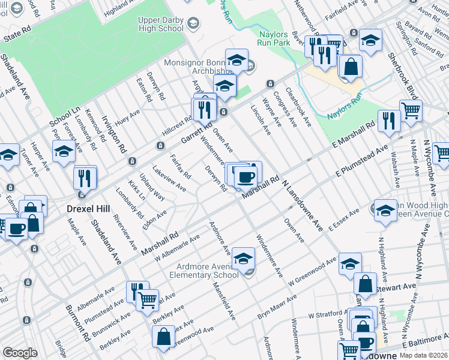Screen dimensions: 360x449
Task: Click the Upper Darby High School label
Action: pyautogui.click(x=160, y=24)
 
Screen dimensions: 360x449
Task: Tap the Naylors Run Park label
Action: pyautogui.click(x=282, y=40)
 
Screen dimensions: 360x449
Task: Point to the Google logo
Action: pyautogui.click(x=20, y=353)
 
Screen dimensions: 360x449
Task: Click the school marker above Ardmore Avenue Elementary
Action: pyautogui.click(x=243, y=259)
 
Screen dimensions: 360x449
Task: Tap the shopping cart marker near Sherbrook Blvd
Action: pyautogui.click(x=411, y=110)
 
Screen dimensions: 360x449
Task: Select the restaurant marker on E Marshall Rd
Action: pyautogui.click(x=389, y=121)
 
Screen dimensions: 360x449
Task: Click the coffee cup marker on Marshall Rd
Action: pyautogui.click(x=245, y=177)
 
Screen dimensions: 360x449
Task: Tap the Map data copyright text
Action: pyautogui.click(x=422, y=355)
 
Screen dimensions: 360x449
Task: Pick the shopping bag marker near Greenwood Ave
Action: pyautogui.click(x=163, y=337)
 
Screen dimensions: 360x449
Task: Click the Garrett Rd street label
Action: pyautogui.click(x=196, y=134)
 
